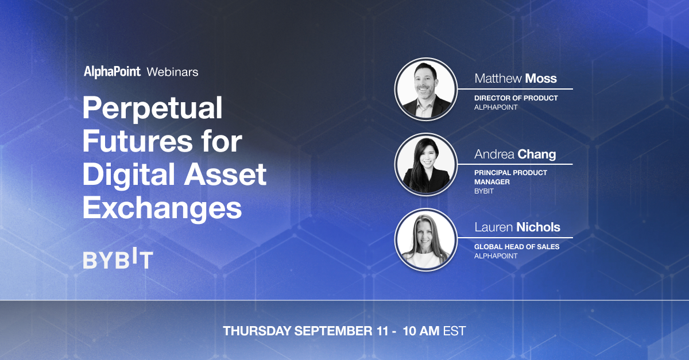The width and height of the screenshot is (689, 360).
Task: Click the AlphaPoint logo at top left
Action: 113,72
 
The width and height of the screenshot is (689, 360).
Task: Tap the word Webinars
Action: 173,72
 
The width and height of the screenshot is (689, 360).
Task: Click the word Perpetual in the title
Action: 153,109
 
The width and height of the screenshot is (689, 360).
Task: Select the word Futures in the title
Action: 137,142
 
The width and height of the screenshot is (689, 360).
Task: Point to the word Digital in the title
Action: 129,175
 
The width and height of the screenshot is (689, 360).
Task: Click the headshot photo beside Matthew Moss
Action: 426,89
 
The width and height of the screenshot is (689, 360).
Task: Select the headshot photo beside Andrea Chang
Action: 426,165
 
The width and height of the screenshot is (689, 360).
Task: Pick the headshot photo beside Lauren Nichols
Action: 426,239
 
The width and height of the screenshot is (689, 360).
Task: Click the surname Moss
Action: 541,79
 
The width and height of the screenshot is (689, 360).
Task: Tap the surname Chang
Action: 537,154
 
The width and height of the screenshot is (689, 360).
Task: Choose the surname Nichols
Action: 539,227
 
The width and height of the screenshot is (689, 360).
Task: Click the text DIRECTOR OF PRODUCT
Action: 516,98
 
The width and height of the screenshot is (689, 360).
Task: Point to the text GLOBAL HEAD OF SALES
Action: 517,247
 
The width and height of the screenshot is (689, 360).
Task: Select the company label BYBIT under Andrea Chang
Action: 484,191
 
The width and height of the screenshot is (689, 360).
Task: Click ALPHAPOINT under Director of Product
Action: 496,107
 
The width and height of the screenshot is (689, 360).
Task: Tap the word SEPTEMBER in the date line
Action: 334,331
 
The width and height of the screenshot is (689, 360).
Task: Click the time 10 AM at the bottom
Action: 421,331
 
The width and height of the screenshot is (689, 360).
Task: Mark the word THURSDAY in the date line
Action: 257,331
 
